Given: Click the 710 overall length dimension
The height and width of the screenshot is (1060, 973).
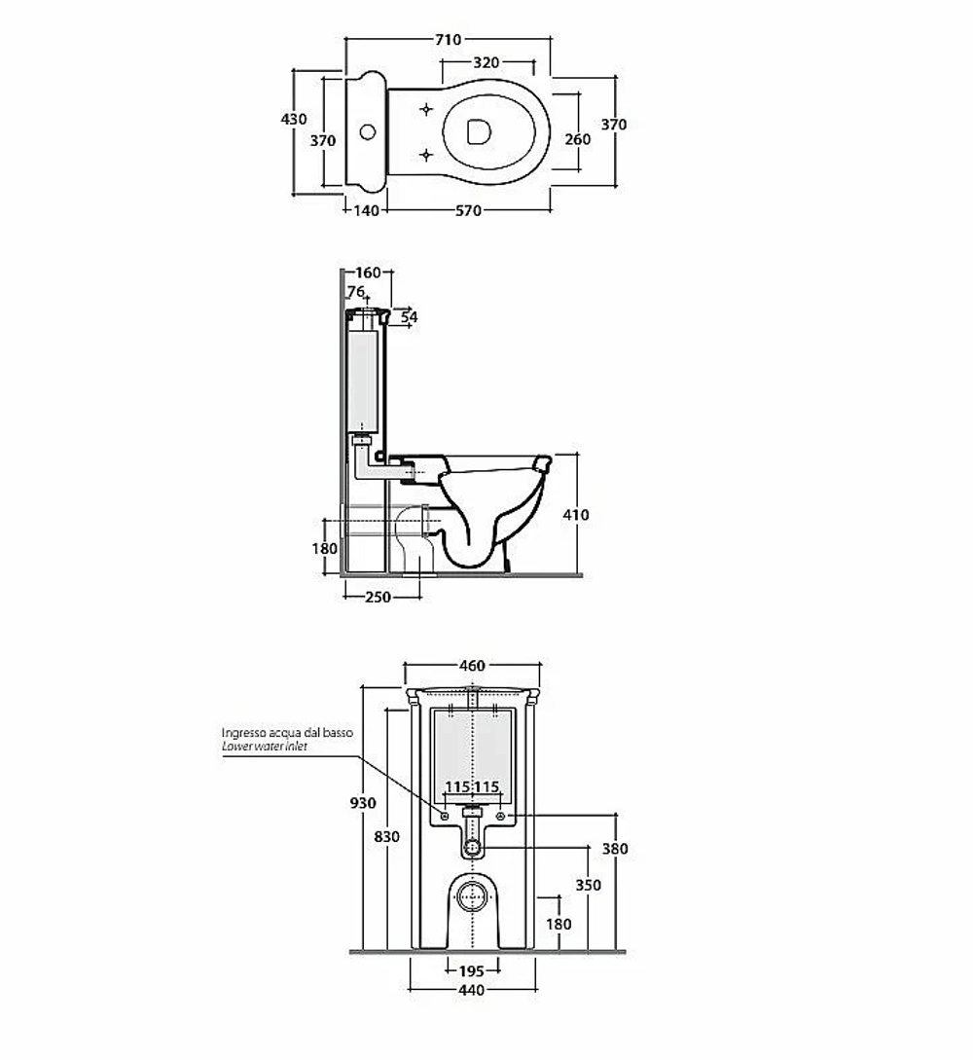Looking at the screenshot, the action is click(448, 40).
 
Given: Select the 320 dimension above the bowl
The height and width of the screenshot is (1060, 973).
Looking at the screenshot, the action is click(486, 63).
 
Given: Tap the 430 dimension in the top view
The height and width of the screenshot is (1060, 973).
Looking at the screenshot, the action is click(293, 119).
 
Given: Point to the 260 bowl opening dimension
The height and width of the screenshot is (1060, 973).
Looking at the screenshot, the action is click(578, 139).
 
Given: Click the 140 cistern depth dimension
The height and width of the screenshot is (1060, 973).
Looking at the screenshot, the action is click(366, 211).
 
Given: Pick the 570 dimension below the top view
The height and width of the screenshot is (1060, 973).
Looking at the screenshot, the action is click(468, 211).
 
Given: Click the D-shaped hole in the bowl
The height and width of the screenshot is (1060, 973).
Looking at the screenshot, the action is click(479, 131).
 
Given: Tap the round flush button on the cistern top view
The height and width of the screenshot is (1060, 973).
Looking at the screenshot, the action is click(367, 131).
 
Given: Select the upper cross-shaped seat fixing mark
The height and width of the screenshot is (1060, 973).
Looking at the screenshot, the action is click(426, 109).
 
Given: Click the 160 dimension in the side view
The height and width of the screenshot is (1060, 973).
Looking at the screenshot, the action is click(368, 274).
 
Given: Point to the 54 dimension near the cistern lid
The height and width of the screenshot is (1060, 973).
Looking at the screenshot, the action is click(410, 317).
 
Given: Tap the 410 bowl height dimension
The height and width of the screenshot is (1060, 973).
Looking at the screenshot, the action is click(576, 515).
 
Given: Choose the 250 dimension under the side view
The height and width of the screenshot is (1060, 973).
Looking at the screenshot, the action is click(378, 598).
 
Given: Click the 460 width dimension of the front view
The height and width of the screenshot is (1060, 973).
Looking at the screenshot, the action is click(472, 666).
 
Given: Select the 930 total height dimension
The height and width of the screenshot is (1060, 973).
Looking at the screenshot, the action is click(363, 803).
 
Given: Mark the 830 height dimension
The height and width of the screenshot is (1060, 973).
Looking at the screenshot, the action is click(386, 837).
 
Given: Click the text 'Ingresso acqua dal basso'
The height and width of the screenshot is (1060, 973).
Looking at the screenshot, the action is click(287, 733).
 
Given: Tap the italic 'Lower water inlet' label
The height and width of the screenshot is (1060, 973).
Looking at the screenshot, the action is click(265, 747).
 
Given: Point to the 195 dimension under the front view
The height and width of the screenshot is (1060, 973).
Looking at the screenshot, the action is click(471, 971).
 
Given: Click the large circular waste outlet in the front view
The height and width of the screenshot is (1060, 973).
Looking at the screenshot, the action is click(472, 897).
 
